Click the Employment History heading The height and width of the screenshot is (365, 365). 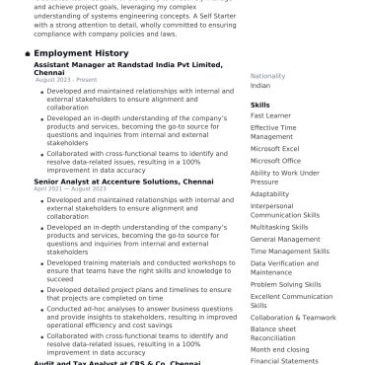click(x=81, y=53)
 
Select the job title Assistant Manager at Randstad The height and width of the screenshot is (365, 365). click(x=127, y=65)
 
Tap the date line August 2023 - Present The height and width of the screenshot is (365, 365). click(x=66, y=80)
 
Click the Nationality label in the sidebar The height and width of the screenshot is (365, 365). click(x=267, y=76)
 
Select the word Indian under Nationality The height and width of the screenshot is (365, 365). click(x=260, y=86)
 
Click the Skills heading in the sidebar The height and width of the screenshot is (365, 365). click(x=260, y=104)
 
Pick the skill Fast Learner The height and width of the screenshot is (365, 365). click(x=270, y=115)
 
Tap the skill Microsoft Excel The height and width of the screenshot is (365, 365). click(x=274, y=148)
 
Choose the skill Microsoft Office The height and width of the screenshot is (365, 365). click(x=275, y=160)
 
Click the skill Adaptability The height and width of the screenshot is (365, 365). click(x=269, y=194)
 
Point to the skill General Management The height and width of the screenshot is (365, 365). click(x=285, y=239)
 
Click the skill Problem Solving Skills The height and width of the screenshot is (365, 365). click(x=285, y=284)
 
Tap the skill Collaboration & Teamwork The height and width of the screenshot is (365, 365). click(x=293, y=318)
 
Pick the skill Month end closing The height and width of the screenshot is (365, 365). click(x=278, y=349)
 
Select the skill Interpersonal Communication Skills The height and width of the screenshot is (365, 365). click(x=285, y=210)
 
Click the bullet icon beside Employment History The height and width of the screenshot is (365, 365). click(x=27, y=53)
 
